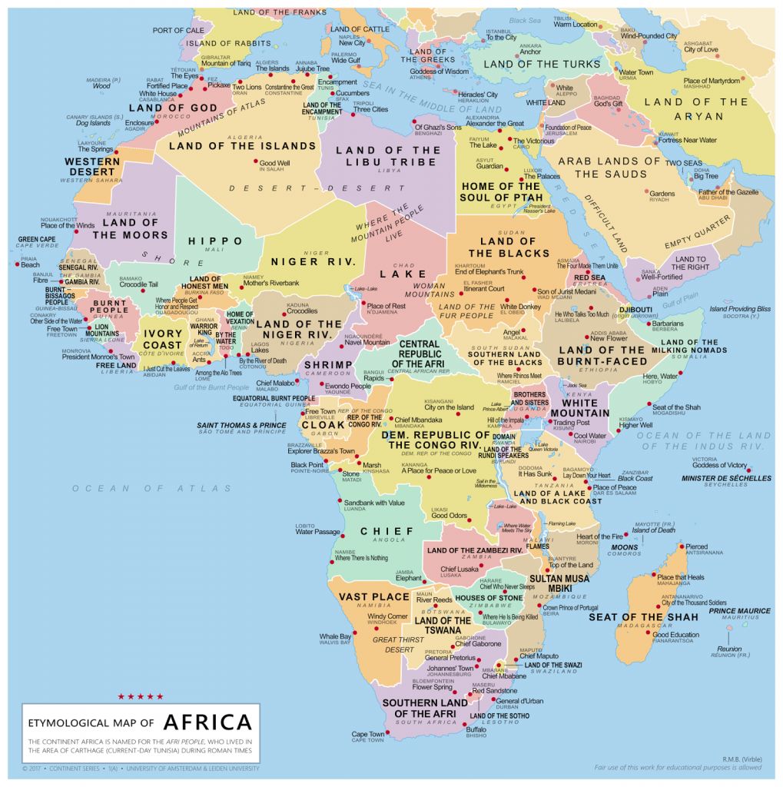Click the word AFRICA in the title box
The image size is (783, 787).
[x=207, y=722]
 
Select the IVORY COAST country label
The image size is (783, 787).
[x=163, y=340]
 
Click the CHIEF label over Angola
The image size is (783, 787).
[x=387, y=531]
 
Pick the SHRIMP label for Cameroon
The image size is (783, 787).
[x=328, y=364]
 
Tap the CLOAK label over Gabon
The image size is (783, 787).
[x=323, y=424]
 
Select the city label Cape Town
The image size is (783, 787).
[x=368, y=735]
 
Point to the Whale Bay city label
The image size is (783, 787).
[x=335, y=636]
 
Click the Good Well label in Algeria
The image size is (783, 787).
[x=274, y=163]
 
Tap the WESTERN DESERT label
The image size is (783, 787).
[x=92, y=167]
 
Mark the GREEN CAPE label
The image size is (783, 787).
[x=37, y=240]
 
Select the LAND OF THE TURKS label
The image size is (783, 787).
[x=542, y=65]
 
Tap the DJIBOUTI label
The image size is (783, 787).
[x=635, y=309]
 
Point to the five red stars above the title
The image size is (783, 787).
[x=141, y=696]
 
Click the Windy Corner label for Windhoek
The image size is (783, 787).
[x=387, y=616]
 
